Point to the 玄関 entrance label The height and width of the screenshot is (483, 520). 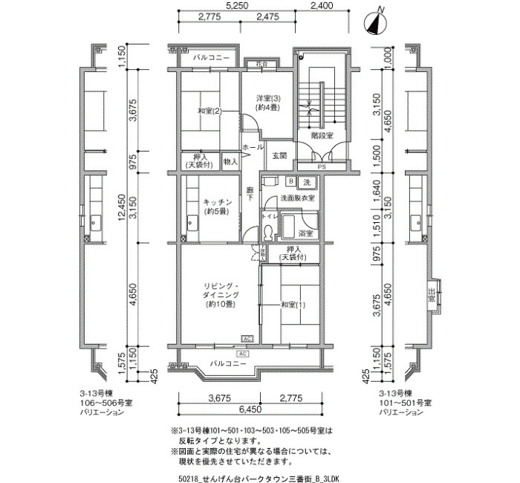click(279, 156)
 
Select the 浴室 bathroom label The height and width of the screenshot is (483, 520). click(305, 233)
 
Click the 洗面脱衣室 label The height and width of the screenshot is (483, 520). click(297, 199)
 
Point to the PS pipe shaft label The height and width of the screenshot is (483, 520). click(321, 168)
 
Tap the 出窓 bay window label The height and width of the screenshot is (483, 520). click(432, 294)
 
